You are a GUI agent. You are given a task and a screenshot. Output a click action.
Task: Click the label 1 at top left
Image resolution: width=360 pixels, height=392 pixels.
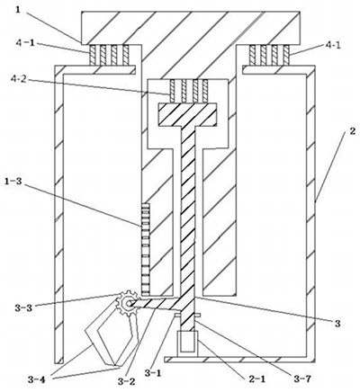[x=19, y=10]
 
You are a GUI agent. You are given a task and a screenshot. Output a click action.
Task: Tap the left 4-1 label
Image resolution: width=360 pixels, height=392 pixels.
[x=25, y=42]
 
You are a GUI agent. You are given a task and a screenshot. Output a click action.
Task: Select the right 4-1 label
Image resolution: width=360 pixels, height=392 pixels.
[x=333, y=46]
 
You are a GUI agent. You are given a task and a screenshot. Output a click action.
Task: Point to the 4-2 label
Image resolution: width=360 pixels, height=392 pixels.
[x=25, y=80]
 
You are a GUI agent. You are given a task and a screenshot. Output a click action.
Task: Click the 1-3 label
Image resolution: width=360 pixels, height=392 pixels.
[x=13, y=181]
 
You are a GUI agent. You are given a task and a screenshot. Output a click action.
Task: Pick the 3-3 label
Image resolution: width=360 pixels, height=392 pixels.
[x=24, y=307]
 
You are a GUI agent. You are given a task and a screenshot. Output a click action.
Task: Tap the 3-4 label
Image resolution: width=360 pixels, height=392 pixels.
[x=37, y=379]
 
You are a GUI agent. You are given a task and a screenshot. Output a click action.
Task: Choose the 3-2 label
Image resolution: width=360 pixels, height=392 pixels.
[x=126, y=380]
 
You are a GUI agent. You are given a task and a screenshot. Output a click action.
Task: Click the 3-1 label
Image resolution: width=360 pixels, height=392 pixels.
[x=153, y=372]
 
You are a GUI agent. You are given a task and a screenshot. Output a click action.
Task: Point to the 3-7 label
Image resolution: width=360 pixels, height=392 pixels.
[x=301, y=379]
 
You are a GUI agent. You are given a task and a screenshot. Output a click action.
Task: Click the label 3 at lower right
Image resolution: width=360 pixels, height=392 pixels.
[x=337, y=324]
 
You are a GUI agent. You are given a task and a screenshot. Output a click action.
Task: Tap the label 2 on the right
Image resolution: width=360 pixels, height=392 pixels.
[x=353, y=131]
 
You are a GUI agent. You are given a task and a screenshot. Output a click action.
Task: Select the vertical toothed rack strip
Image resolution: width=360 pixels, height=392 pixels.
[x=145, y=248]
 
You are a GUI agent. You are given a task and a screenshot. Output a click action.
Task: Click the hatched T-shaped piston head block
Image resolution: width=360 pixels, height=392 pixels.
[x=187, y=114]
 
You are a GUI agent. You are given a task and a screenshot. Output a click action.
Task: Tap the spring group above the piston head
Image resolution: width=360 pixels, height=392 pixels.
[x=189, y=90]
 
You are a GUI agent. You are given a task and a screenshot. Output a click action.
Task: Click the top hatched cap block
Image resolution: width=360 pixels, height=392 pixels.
[x=191, y=28]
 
